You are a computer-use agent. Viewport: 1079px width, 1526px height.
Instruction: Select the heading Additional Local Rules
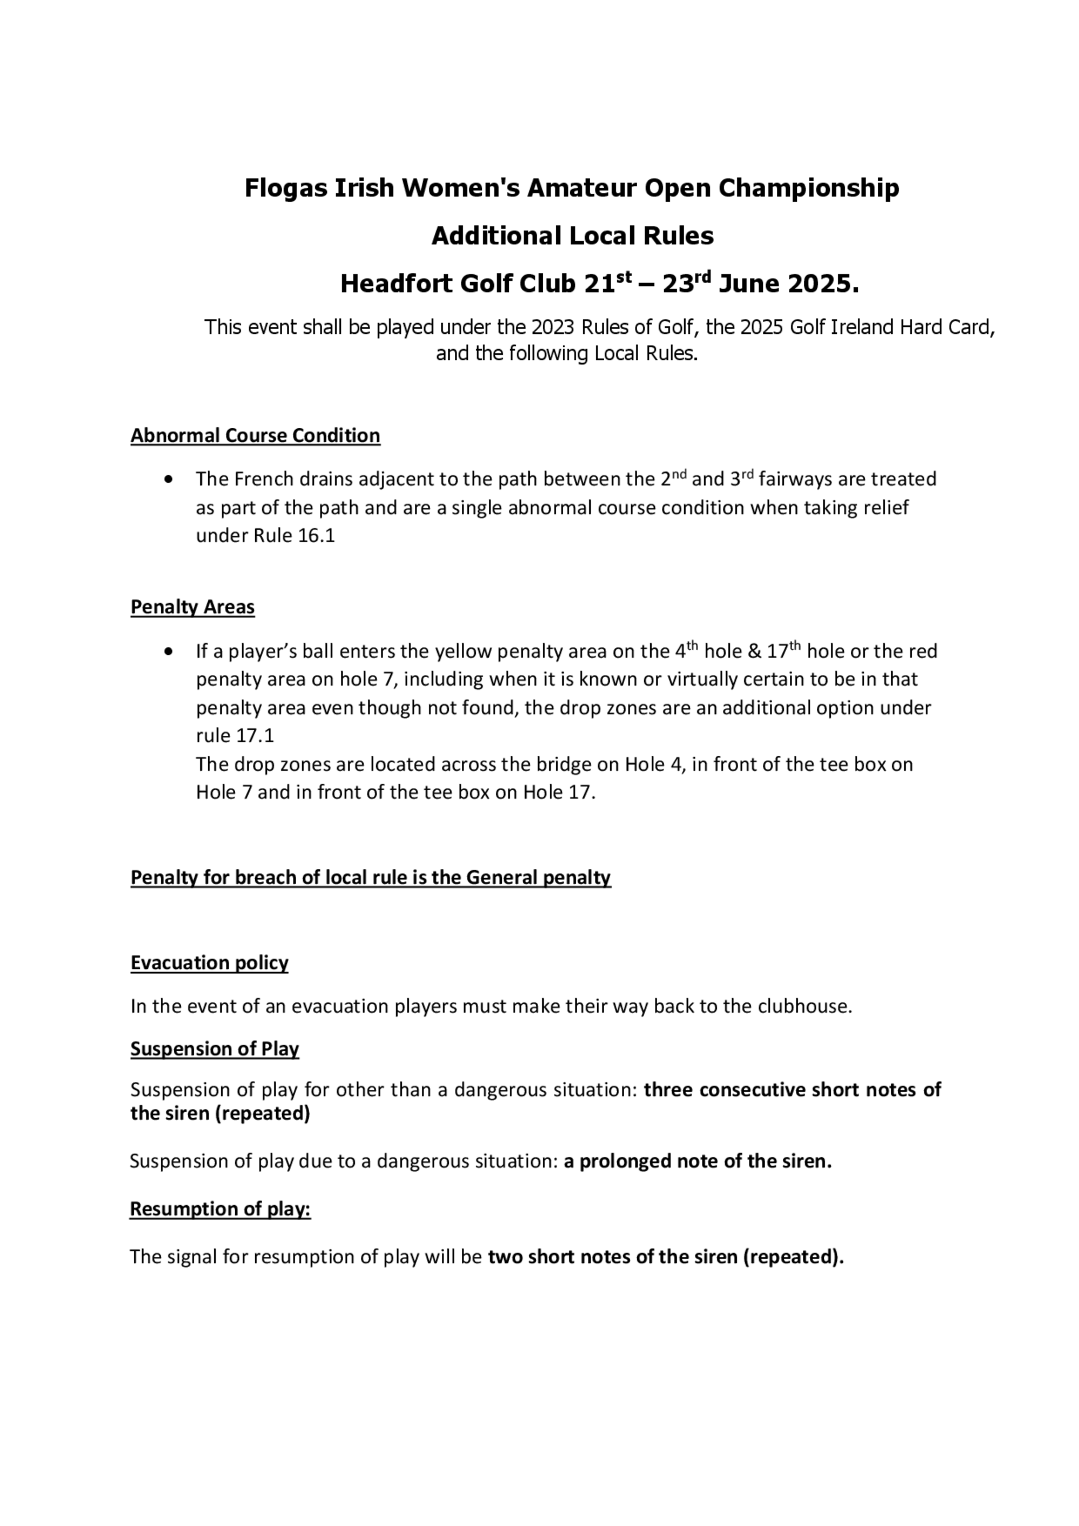coord(572,236)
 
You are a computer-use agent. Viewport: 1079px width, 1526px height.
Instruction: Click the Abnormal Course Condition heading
coord(255,435)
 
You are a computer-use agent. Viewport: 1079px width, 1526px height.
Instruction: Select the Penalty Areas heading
coord(192,607)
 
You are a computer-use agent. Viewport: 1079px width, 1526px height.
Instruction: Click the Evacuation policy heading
coord(209,962)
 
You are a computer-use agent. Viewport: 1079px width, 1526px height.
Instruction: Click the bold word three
coord(669,1090)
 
